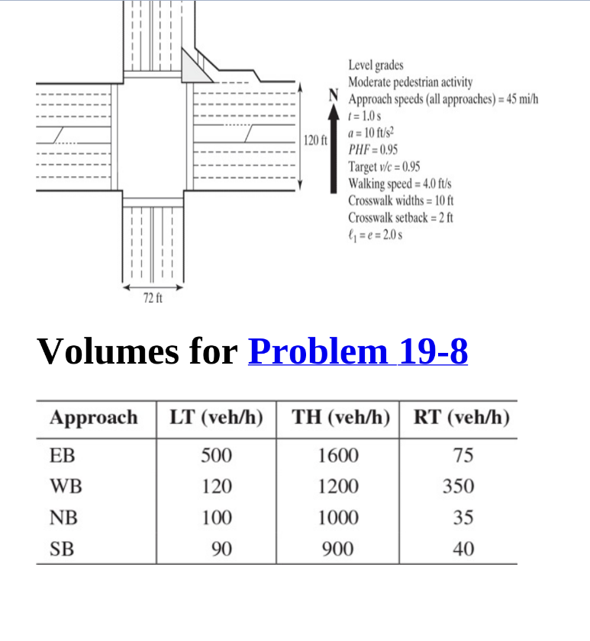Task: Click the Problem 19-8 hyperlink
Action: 358,351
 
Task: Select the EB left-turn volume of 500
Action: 216,456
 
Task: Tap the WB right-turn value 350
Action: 459,486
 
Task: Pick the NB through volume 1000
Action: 337,518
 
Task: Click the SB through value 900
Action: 337,548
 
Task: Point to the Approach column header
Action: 94,418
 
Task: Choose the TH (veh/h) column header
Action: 341,418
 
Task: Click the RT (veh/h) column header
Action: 461,418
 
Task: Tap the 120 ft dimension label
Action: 314,140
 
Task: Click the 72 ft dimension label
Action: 153,298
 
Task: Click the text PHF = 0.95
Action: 372,150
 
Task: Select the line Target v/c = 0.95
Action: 384,167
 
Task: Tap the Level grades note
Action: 376,65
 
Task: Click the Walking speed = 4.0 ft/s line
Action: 400,184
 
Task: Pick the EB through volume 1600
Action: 337,456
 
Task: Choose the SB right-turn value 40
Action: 463,548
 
